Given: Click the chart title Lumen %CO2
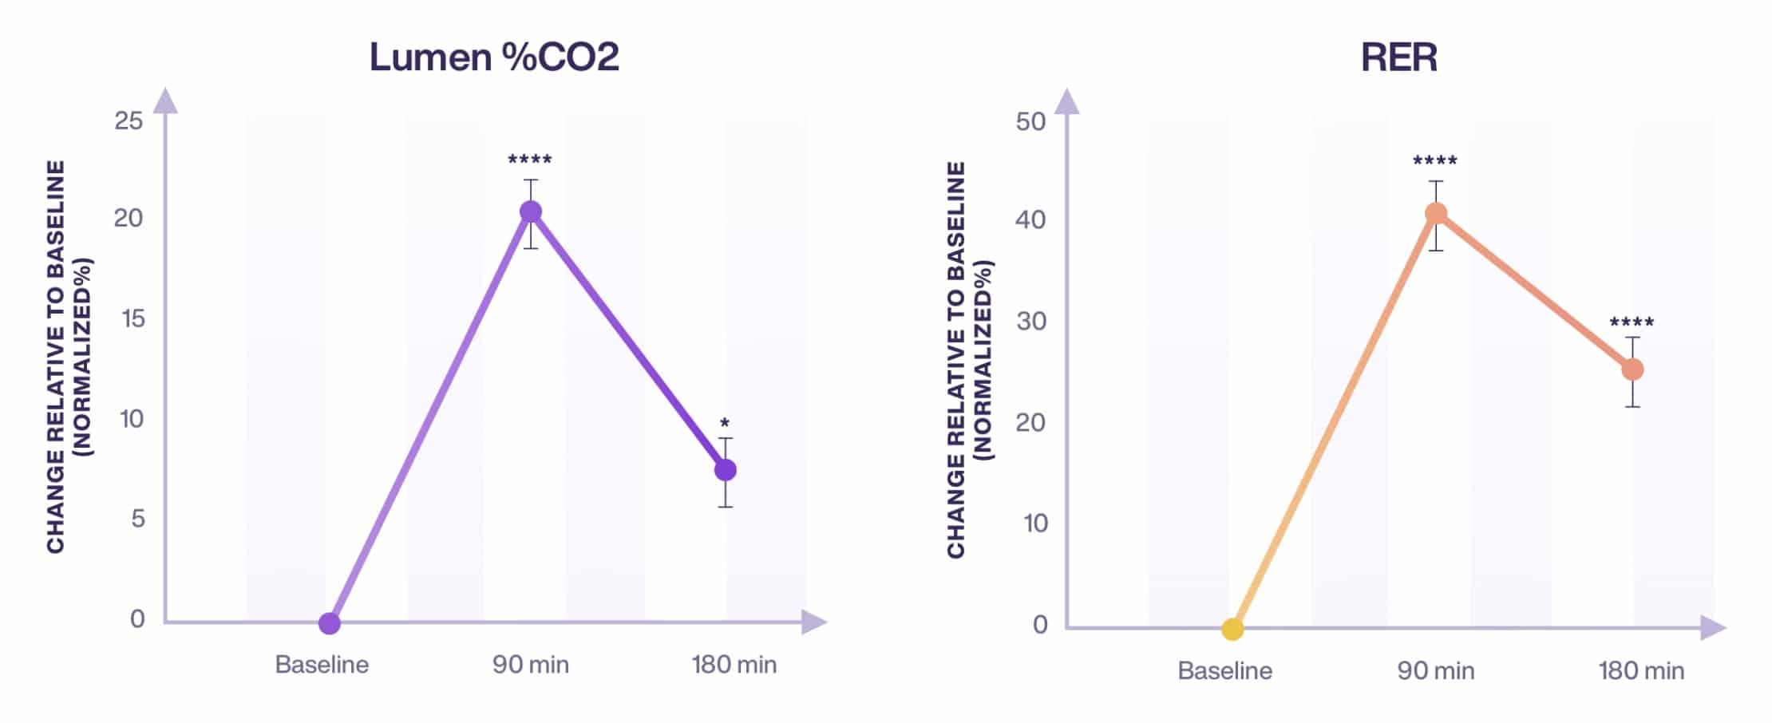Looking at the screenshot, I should click(x=494, y=57).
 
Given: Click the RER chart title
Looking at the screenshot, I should click(x=1398, y=57).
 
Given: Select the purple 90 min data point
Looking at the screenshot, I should click(x=531, y=211).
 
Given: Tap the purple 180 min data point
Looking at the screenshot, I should click(x=725, y=470).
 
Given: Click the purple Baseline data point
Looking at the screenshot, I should click(x=329, y=623).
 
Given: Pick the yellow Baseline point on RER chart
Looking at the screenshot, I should click(x=1232, y=630).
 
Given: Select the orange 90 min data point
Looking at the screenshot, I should click(x=1436, y=213).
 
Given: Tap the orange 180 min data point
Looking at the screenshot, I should click(x=1632, y=369).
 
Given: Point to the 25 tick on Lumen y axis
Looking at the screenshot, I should click(x=129, y=120).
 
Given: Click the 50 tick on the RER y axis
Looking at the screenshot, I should click(x=1030, y=121).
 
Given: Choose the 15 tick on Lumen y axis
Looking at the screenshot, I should click(x=133, y=318).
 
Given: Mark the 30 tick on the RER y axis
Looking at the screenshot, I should click(x=1031, y=321).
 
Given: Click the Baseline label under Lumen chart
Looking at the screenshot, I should click(x=322, y=665).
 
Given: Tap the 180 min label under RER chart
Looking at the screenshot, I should click(x=1641, y=670).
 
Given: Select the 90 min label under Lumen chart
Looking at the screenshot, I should click(x=531, y=665).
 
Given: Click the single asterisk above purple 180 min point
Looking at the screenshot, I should click(x=725, y=423).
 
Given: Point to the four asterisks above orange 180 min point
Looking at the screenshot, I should click(x=1632, y=322).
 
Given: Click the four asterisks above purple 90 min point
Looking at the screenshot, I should click(x=530, y=160).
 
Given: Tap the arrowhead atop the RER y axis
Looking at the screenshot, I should click(x=1067, y=101).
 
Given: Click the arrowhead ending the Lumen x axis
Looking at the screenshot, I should click(x=813, y=622).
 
